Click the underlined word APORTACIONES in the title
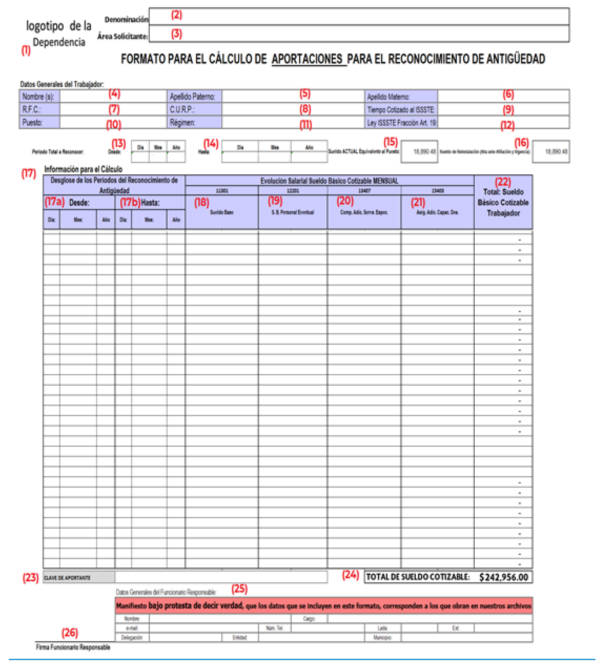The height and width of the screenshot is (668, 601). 307,59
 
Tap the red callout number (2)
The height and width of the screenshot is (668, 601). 177,15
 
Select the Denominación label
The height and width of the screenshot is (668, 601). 126,19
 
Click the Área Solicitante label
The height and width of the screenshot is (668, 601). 123,36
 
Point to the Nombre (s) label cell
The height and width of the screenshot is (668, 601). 39,96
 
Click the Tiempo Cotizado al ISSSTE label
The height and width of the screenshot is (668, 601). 401,110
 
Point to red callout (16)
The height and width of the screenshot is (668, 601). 521,143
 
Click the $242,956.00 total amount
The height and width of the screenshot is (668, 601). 504,577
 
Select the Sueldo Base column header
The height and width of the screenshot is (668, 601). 222,213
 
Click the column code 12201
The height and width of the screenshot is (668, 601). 293,191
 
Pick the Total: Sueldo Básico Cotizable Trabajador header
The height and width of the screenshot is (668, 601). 503,203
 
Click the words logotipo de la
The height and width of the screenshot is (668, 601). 59,26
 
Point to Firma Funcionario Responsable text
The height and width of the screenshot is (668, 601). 73,647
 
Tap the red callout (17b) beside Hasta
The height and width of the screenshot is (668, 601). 130,202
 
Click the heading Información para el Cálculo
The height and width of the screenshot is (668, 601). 83,169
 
